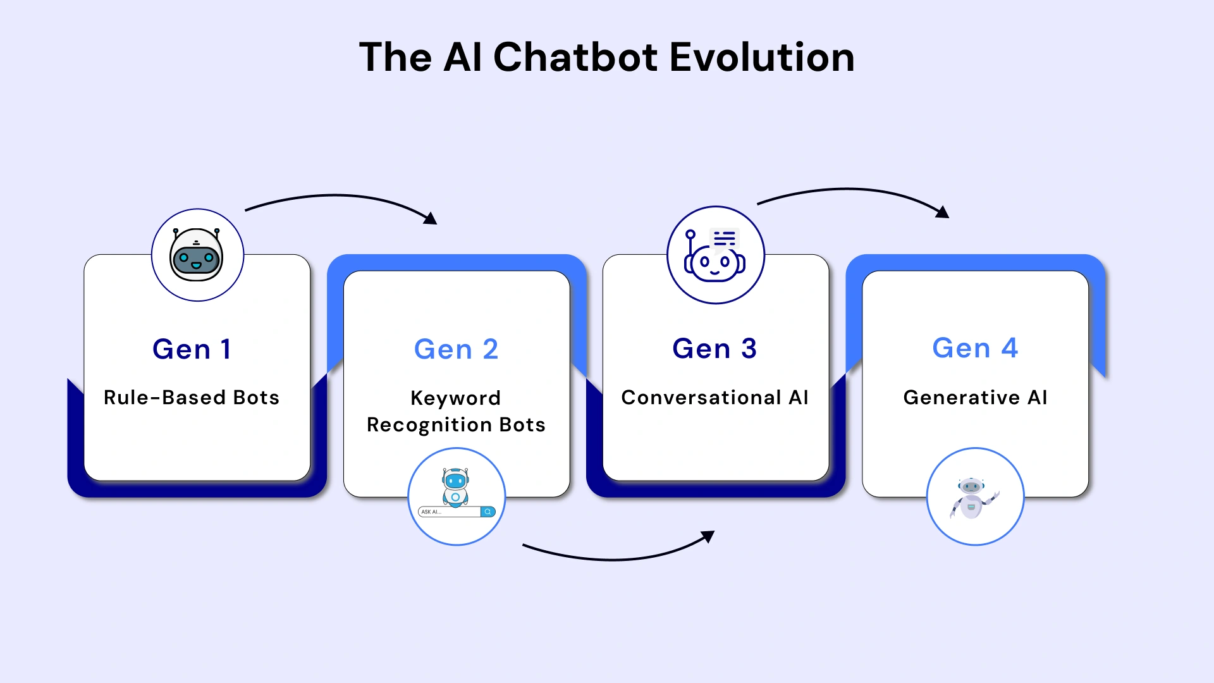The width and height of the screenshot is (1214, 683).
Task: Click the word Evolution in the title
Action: tap(761, 57)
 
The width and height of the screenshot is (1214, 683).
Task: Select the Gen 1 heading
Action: tap(192, 349)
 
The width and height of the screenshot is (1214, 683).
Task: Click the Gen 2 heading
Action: tap(456, 349)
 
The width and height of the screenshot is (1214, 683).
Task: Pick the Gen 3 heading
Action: tap(714, 348)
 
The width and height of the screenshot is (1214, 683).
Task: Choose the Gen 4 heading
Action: tap(975, 348)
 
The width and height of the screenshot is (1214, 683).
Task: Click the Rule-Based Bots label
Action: tap(192, 397)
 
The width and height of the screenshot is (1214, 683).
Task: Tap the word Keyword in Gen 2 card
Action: tap(456, 398)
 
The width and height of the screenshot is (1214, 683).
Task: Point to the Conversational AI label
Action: tap(714, 397)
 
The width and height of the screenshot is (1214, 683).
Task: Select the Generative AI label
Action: tap(975, 397)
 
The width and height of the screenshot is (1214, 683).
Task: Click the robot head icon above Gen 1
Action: tap(197, 255)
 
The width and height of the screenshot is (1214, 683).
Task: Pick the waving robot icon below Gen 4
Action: tap(972, 498)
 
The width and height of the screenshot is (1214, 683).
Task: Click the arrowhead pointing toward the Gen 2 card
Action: tap(431, 219)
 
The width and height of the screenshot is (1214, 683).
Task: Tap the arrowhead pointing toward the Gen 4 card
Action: tap(943, 212)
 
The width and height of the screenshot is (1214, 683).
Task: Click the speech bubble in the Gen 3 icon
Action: tap(725, 239)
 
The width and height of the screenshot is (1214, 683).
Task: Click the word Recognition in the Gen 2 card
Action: tap(430, 425)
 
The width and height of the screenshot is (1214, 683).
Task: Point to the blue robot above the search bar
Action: tap(455, 487)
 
